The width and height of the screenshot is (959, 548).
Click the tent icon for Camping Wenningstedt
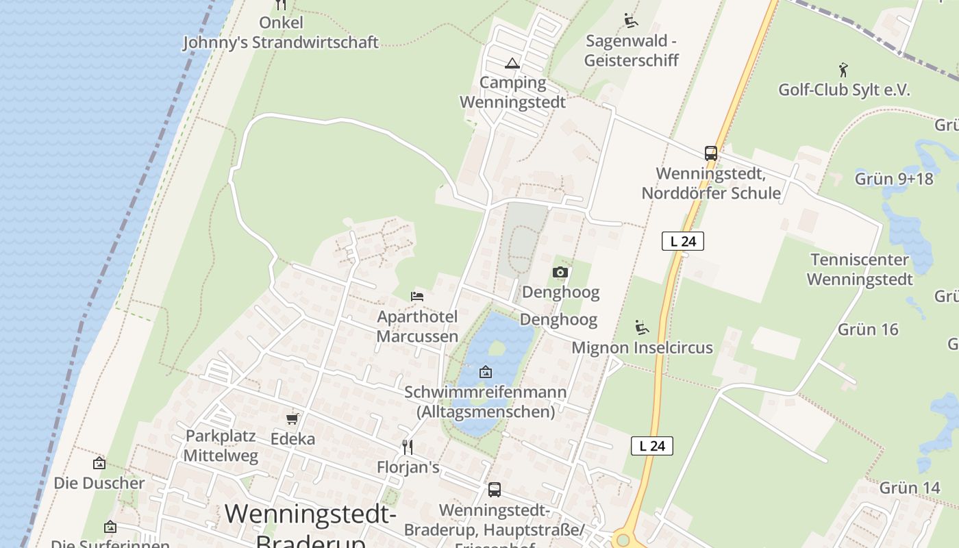tap(512, 64)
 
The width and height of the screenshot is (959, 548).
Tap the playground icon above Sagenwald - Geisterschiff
tap(630, 20)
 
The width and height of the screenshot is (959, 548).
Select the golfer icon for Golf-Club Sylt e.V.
tap(843, 70)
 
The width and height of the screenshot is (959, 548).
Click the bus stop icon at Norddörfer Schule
tap(711, 153)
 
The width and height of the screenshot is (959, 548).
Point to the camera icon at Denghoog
tap(560, 272)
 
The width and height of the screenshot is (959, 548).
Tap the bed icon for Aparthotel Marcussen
tap(417, 296)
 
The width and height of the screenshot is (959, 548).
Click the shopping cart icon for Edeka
tap(292, 418)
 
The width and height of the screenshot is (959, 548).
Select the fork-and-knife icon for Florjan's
tap(408, 447)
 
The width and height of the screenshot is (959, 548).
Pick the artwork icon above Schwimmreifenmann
tap(486, 372)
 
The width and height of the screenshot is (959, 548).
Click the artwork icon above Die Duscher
tap(99, 463)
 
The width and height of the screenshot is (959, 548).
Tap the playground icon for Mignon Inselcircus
tap(641, 327)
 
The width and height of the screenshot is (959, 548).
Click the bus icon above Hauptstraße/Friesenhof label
tap(494, 490)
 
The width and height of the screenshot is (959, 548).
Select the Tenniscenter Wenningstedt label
tap(860, 269)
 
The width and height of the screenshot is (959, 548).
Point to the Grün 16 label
tap(868, 329)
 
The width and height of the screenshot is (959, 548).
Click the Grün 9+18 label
tap(894, 179)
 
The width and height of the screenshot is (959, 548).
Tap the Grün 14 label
tap(910, 488)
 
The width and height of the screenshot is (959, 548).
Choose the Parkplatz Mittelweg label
tap(221, 445)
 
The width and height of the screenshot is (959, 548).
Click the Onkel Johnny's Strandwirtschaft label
tap(280, 32)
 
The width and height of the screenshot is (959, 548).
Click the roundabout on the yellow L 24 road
tap(622, 540)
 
